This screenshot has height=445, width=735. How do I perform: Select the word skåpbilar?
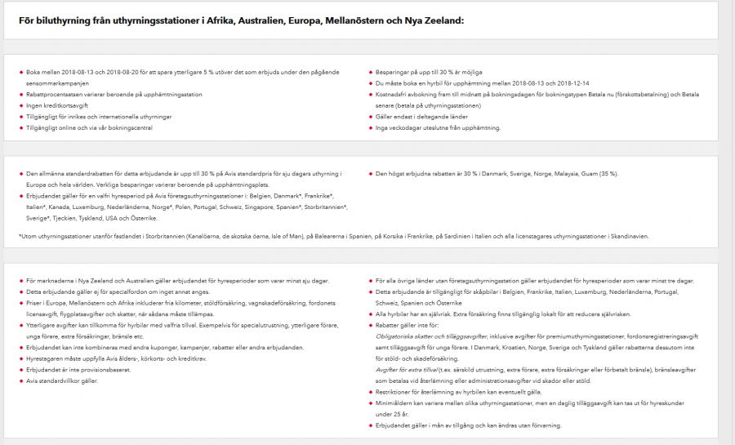tap(465, 291)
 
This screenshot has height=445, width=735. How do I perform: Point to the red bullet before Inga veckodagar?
tap(369, 128)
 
